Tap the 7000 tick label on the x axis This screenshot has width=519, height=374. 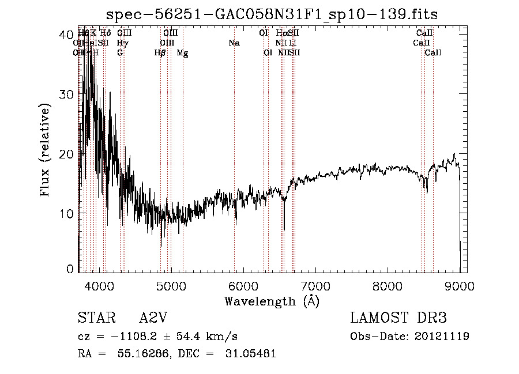[315, 285]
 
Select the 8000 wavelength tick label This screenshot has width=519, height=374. [387, 285]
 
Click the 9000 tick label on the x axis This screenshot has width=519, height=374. [460, 285]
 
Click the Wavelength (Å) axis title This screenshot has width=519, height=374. [272, 301]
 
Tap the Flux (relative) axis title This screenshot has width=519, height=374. [46, 152]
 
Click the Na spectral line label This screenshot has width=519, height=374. [234, 43]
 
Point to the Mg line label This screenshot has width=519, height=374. [182, 53]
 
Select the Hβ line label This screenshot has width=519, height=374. [160, 53]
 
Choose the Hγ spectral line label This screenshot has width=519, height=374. [122, 43]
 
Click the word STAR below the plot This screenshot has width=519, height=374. [96, 318]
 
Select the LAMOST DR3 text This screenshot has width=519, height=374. [398, 318]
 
